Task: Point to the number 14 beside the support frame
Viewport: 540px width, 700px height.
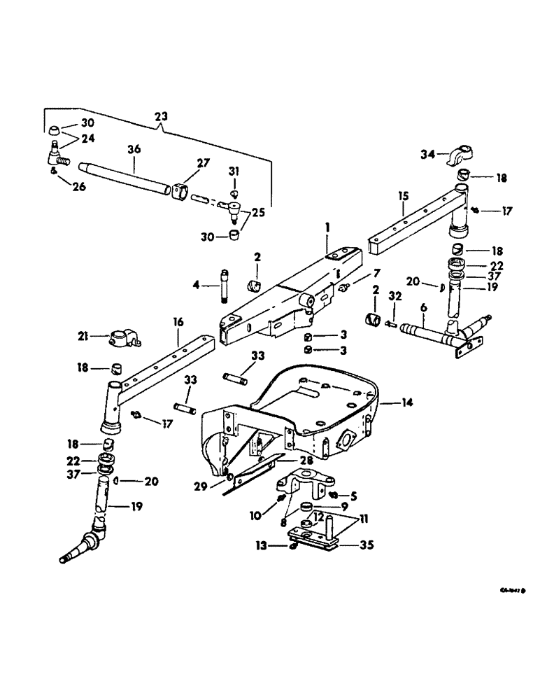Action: tap(408, 402)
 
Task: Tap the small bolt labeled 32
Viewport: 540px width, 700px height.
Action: tap(391, 323)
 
